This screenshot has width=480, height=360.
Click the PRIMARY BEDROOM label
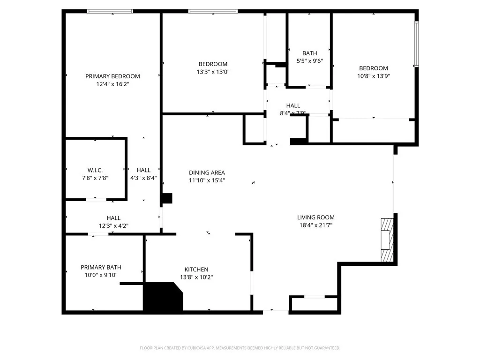[112, 76]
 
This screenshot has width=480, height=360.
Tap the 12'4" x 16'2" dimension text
[112, 84]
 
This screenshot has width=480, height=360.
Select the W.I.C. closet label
[95, 170]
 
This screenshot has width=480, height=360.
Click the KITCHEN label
[196, 269]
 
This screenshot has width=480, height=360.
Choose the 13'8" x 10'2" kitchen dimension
[196, 277]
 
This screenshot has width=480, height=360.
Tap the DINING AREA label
[207, 172]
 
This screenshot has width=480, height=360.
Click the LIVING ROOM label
[316, 217]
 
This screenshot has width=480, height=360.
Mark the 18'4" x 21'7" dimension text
[316, 225]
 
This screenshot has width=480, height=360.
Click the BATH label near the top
[310, 53]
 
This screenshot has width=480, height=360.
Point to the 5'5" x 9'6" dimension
[310, 61]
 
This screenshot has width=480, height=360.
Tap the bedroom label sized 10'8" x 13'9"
[374, 68]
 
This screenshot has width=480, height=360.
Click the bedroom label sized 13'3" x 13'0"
[213, 64]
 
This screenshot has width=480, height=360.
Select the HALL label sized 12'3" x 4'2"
[113, 218]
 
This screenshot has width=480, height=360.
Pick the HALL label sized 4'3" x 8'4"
[143, 170]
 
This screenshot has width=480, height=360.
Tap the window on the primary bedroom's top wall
[111, 11]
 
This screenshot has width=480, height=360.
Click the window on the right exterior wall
[416, 44]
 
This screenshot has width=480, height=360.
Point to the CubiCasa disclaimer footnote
[240, 348]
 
